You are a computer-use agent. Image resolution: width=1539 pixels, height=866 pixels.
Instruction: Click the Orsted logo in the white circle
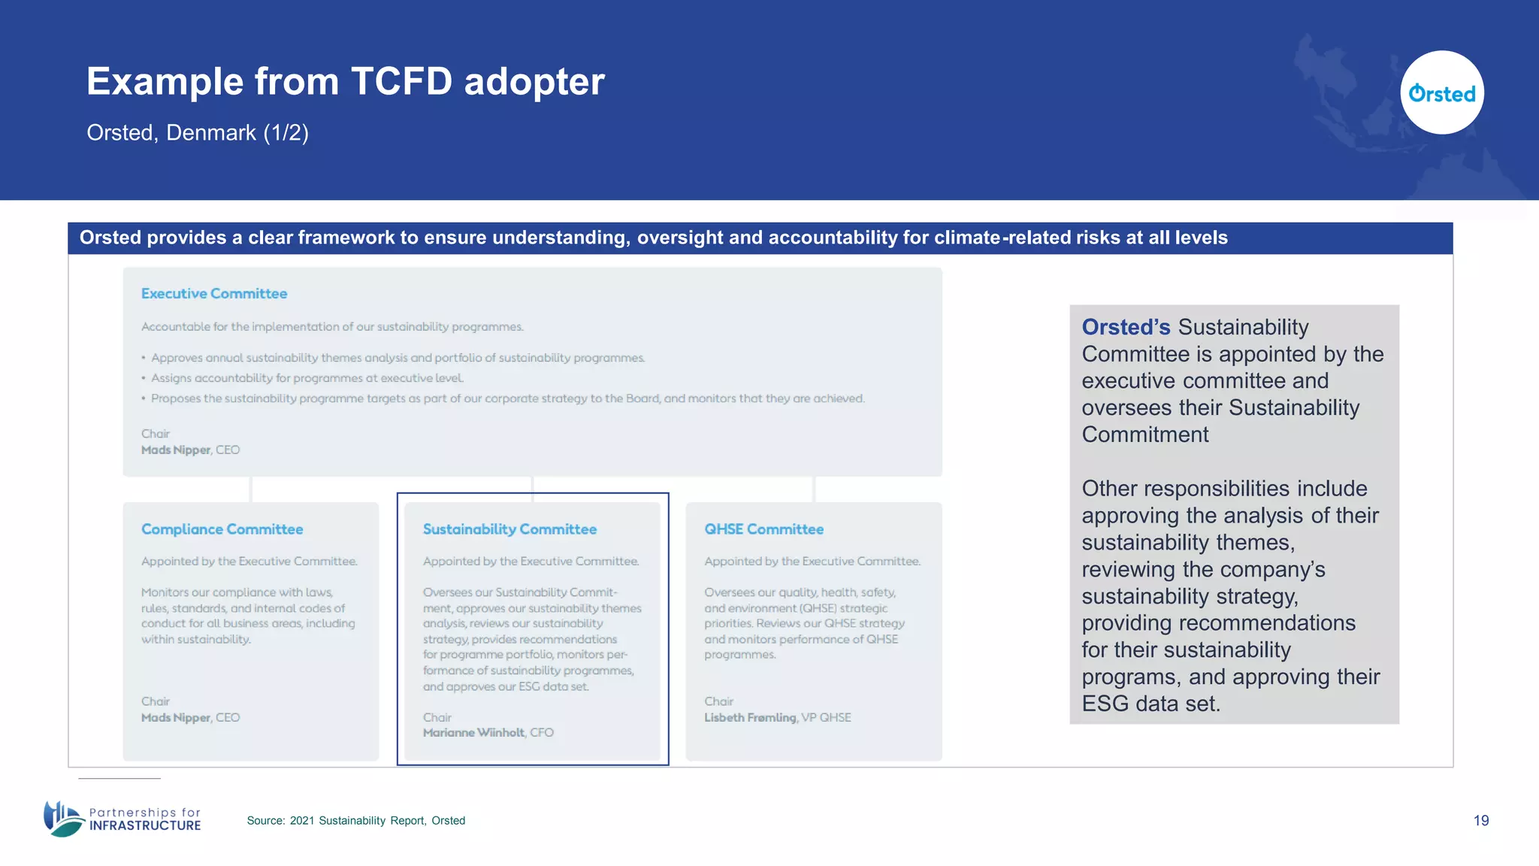click(x=1441, y=93)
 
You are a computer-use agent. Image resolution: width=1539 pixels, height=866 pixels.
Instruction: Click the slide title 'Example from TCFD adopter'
click(x=345, y=81)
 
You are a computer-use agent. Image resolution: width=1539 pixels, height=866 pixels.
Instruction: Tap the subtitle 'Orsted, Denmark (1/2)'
click(x=198, y=133)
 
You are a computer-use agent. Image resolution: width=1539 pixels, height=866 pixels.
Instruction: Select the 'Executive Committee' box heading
click(x=214, y=294)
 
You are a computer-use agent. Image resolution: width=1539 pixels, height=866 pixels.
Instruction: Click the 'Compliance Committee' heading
click(x=222, y=529)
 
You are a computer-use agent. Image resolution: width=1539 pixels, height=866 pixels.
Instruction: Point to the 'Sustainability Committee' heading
click(x=509, y=529)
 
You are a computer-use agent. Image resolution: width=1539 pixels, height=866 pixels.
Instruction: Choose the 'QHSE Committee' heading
click(x=763, y=529)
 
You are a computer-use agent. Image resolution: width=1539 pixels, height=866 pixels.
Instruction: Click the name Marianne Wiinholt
click(x=473, y=733)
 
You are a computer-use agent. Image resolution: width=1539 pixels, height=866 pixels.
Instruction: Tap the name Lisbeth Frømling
click(x=750, y=718)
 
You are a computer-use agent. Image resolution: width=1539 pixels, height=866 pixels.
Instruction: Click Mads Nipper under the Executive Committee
click(x=176, y=450)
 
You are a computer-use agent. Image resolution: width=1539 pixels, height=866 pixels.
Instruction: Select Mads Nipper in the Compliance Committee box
click(x=176, y=718)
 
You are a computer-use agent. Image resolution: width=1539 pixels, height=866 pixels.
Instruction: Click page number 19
click(x=1480, y=821)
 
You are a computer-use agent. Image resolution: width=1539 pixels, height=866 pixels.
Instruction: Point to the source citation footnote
click(x=355, y=821)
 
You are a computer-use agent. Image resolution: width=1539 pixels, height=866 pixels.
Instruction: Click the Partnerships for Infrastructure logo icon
click(x=63, y=819)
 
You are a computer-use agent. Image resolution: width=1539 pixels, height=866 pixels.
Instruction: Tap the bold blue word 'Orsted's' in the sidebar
click(x=1126, y=328)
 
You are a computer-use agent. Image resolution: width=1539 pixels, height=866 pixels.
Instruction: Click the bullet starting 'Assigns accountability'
click(x=307, y=378)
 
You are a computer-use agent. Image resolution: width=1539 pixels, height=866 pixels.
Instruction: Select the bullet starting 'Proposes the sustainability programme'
click(x=507, y=398)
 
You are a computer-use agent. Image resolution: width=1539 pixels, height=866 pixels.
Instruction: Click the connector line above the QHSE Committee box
click(x=814, y=489)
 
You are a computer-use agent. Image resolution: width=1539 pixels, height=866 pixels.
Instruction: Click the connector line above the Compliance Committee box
click(x=251, y=489)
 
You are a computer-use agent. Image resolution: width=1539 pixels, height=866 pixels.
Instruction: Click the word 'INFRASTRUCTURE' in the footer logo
click(x=145, y=826)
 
